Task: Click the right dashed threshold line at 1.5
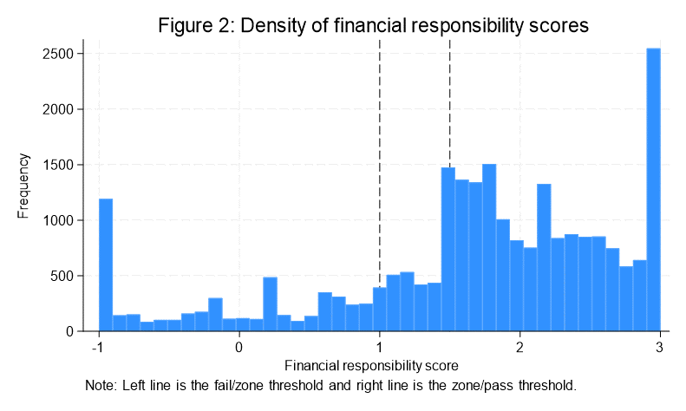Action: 449,104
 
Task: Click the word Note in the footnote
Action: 100,384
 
